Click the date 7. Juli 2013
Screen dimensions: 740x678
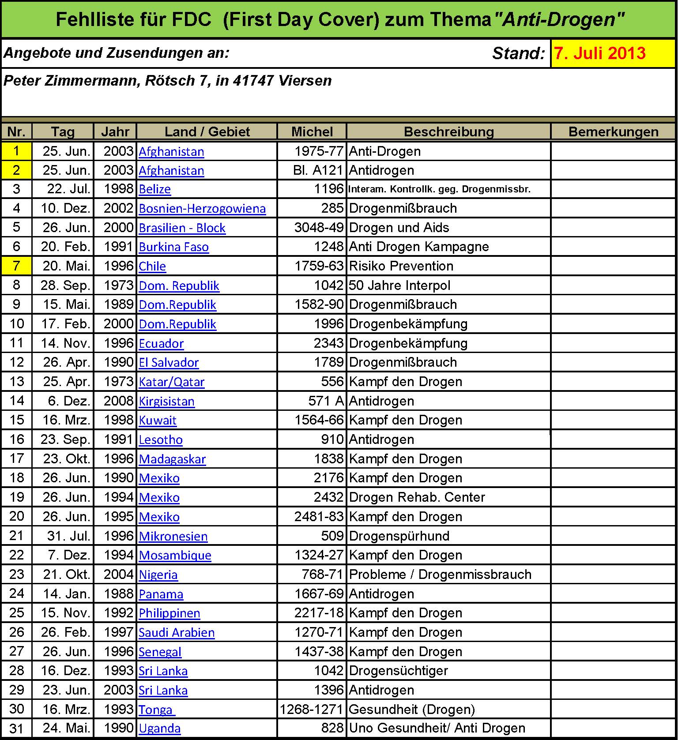tap(600, 53)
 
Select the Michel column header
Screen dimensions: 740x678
tap(312, 131)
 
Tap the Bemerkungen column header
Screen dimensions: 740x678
tap(613, 131)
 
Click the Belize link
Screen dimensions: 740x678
tap(154, 189)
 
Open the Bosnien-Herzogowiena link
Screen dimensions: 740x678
tap(202, 208)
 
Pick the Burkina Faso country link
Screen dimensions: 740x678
tap(173, 247)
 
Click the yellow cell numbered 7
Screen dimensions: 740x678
tap(16, 266)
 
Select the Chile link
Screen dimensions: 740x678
tap(152, 267)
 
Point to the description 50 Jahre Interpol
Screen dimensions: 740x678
tap(399, 285)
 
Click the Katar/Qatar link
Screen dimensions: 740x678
tap(171, 382)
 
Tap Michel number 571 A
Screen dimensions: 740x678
tap(326, 401)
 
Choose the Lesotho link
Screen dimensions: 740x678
tap(161, 440)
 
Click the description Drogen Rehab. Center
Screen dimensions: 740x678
tap(417, 497)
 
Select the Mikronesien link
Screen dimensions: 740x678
tap(173, 537)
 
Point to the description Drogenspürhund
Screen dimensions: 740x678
tap(399, 536)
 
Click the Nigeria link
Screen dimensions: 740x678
tap(158, 575)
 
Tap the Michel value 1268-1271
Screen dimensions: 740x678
tap(311, 710)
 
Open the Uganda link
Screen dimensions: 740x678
tap(159, 729)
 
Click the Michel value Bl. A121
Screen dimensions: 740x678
tap(318, 170)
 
